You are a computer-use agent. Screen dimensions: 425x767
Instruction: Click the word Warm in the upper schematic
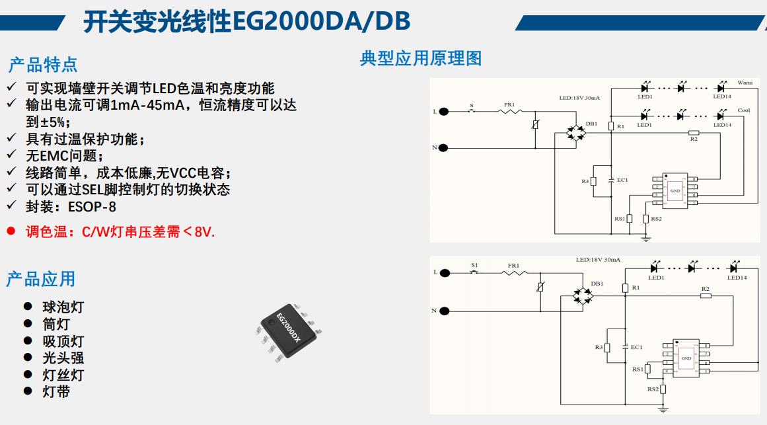745,83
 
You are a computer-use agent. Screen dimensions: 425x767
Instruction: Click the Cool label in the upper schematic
743,110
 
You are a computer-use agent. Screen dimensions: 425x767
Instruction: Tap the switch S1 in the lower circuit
474,272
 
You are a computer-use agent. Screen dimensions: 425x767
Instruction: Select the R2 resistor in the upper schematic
694,132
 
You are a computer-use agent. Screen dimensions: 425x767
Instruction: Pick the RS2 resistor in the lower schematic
663,389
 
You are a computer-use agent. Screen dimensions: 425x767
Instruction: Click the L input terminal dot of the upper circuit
443,111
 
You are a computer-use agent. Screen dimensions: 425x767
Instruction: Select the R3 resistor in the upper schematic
594,181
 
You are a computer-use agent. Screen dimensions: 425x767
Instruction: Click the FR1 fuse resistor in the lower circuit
514,272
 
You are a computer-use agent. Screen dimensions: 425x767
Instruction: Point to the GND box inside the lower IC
686,358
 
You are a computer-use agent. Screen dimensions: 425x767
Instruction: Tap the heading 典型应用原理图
420,58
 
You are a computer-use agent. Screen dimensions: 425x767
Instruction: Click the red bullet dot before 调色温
11,232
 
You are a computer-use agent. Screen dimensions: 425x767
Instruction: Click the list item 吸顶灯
63,342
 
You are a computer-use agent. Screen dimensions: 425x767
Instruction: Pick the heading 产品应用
40,279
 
